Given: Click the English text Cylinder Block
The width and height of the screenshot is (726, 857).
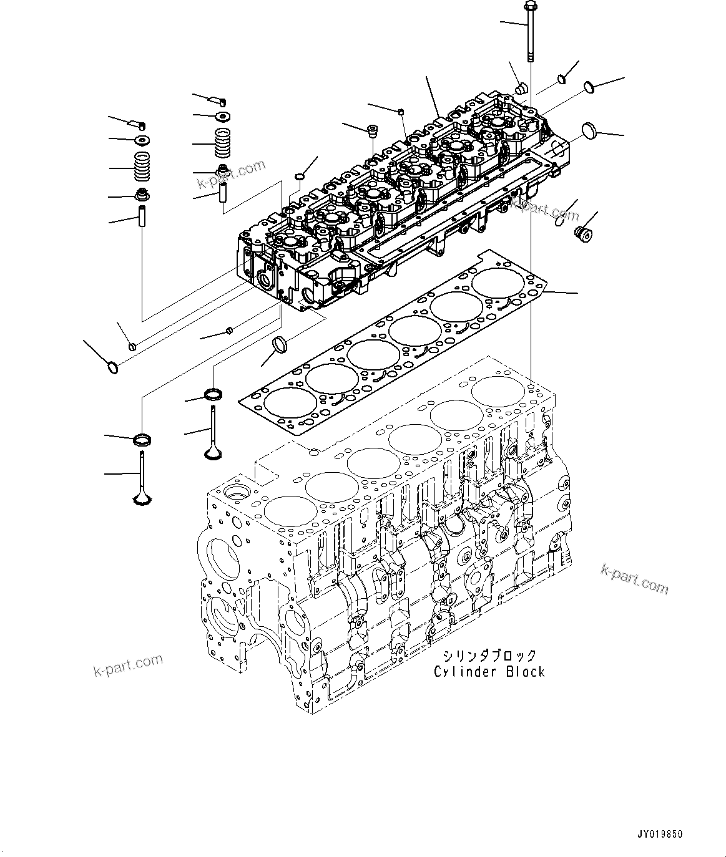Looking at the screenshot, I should coord(489,672).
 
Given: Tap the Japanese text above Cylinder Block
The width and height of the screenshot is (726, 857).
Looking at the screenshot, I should coord(489,656).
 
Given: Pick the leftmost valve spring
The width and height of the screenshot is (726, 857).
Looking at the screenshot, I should coord(144,167).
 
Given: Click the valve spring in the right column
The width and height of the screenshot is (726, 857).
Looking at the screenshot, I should coord(223,144).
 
